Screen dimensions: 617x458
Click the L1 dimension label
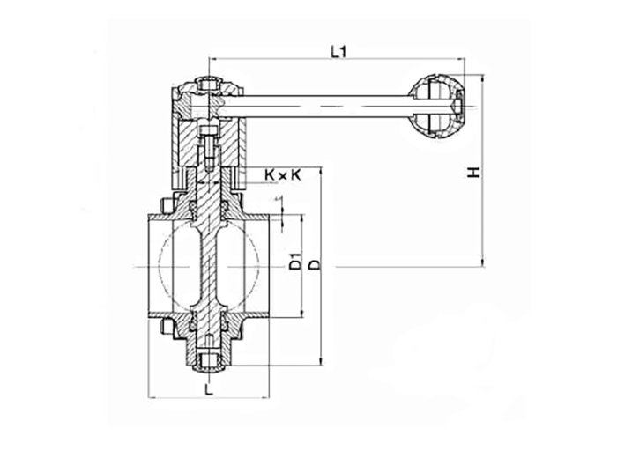coord(338,51)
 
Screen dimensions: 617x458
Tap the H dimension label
coord(474,173)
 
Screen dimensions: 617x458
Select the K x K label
coord(282,175)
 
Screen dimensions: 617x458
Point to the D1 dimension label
coord(295,262)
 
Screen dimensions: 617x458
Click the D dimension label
coord(315,264)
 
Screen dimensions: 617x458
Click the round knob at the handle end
coord(435,107)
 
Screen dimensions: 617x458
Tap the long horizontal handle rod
coord(327,107)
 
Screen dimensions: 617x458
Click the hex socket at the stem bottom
coord(209,360)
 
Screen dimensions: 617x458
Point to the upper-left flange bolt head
coord(167,206)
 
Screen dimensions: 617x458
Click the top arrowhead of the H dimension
coord(483,78)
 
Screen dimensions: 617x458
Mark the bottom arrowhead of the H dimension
coord(483,262)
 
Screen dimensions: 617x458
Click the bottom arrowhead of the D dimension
coord(322,361)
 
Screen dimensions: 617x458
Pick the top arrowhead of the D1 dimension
coord(301,219)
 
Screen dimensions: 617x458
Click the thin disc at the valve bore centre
coord(209,267)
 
